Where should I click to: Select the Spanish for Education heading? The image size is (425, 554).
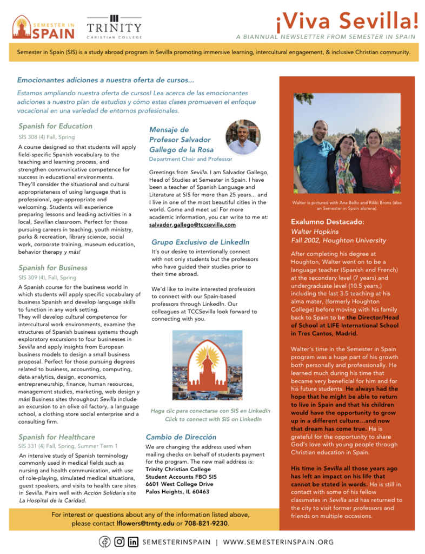coord(55,126)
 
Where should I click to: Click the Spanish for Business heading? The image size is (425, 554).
coord(52,268)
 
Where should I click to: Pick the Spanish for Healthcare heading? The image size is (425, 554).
coord(56,437)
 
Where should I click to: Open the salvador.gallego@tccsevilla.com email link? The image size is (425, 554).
coord(192,225)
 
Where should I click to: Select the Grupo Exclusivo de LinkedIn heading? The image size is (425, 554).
coord(200,242)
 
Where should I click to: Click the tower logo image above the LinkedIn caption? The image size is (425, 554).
coord(208,365)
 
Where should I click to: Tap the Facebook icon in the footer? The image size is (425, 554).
coord(104,542)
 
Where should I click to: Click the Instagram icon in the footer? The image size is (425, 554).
coord(119,542)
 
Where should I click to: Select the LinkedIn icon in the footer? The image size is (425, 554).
coord(133,542)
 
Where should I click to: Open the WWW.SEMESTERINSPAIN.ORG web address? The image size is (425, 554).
coord(278,542)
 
